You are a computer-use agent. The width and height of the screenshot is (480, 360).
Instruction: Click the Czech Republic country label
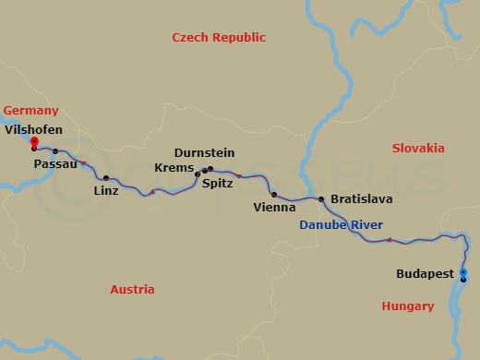point(219,38)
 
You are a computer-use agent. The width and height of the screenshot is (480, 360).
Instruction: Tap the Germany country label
point(30,110)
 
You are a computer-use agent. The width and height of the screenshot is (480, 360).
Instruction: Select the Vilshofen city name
point(33,130)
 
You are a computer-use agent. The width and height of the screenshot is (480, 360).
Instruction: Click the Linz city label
point(105,191)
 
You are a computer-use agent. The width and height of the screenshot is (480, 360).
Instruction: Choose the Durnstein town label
point(204,152)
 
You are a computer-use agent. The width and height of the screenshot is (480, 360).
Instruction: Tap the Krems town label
point(175,168)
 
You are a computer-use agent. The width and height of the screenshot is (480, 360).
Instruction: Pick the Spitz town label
point(217,184)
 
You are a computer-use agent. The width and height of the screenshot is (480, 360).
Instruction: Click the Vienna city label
point(273,208)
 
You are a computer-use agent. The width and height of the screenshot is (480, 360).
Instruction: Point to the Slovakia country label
point(418,149)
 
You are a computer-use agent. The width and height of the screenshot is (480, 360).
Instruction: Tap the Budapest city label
point(425,274)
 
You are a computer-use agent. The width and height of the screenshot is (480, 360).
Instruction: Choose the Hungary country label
point(407,306)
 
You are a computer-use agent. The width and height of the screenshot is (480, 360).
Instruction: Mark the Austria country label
point(132,289)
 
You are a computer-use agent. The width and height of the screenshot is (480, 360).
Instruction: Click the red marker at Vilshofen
point(33,141)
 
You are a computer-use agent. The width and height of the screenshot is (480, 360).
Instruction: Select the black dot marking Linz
point(106,178)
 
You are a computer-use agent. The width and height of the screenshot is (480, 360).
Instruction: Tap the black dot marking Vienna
point(274,195)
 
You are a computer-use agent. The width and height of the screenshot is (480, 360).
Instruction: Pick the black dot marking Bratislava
point(321,199)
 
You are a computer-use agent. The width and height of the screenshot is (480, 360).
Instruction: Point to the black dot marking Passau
point(55,151)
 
